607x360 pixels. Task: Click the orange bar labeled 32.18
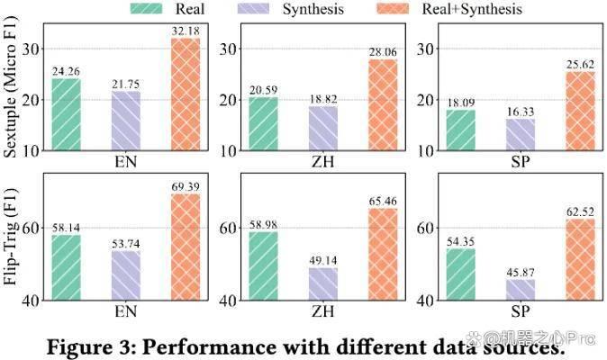click(x=186, y=94)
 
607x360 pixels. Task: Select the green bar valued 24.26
click(x=67, y=114)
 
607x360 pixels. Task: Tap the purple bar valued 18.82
click(x=323, y=129)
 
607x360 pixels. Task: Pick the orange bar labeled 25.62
click(x=580, y=111)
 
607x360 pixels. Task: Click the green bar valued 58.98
click(x=263, y=266)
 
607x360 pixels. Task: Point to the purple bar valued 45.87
click(x=521, y=290)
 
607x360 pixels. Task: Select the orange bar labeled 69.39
click(x=186, y=247)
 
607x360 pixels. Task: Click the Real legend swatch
click(x=146, y=8)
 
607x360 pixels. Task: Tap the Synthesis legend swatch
click(x=253, y=8)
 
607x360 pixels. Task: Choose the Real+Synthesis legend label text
click(x=472, y=9)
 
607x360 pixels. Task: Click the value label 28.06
click(x=383, y=52)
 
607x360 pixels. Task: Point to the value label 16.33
click(x=521, y=112)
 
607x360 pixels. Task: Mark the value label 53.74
click(x=126, y=244)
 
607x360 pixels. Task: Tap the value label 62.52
click(x=580, y=211)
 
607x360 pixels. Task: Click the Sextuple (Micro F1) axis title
click(x=11, y=87)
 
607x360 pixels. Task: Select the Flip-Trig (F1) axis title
click(x=11, y=237)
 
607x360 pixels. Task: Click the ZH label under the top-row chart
click(x=322, y=162)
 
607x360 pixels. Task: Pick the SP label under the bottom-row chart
click(x=520, y=311)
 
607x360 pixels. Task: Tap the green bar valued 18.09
click(x=461, y=130)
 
